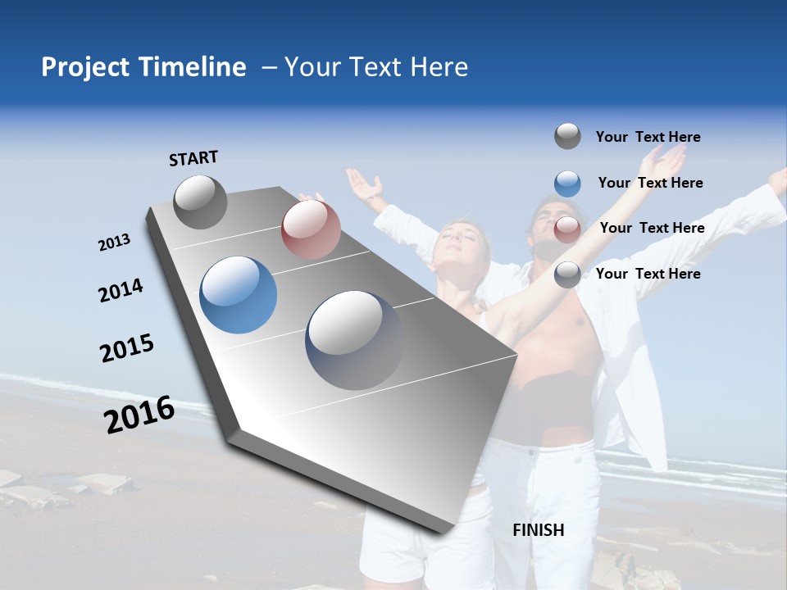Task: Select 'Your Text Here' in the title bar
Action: click(376, 67)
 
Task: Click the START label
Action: click(193, 157)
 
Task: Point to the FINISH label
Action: click(538, 529)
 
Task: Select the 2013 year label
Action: click(115, 243)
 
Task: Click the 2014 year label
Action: click(121, 290)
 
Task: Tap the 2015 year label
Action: click(127, 348)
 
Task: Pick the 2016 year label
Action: click(139, 415)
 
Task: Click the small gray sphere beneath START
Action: click(201, 202)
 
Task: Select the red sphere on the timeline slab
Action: click(311, 229)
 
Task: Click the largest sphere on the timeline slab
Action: click(355, 339)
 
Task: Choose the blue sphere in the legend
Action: click(567, 184)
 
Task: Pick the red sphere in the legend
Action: click(567, 229)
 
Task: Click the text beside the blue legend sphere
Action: click(650, 183)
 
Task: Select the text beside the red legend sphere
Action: click(652, 228)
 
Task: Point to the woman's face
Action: click(459, 238)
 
